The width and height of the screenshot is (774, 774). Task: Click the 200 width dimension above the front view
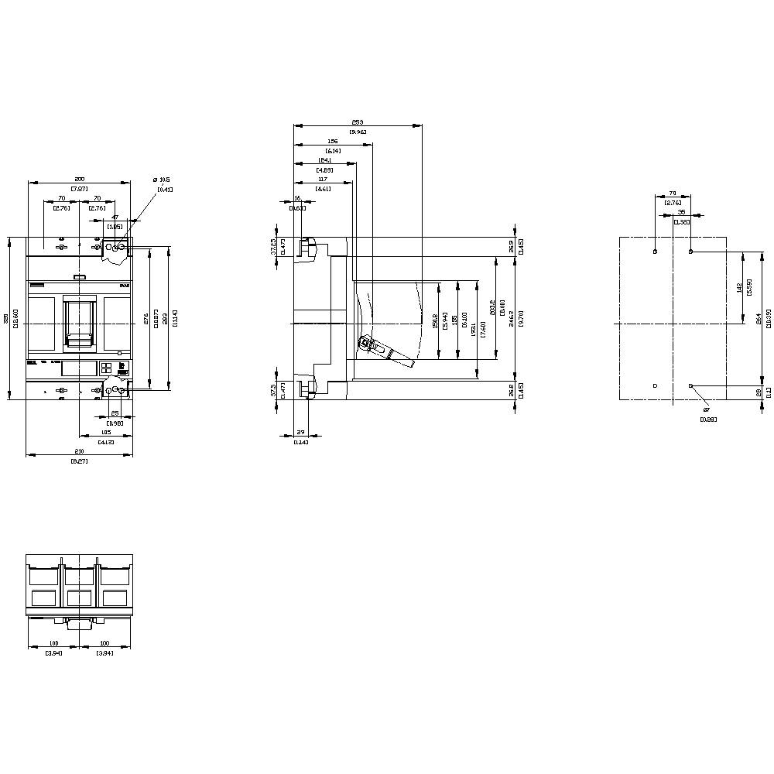pos(79,179)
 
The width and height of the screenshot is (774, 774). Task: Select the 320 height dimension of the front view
pos(6,318)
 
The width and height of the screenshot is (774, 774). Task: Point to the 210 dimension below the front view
pos(79,451)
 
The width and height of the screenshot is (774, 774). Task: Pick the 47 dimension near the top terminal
pos(115,217)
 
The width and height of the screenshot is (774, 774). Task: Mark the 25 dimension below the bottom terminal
pos(115,413)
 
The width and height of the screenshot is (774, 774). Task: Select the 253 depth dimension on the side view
pos(357,122)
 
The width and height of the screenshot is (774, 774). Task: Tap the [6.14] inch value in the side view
pos(333,150)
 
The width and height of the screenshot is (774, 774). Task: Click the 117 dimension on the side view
pos(323,180)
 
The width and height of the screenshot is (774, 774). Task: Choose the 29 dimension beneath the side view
pos(300,433)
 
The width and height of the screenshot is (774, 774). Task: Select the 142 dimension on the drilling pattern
pos(739,288)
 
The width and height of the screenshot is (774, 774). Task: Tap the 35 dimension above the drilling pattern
pos(681,211)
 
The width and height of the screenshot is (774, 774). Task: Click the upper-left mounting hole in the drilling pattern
pos(656,252)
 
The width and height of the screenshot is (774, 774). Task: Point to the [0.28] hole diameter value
pos(708,419)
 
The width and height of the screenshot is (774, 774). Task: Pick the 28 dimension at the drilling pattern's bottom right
pos(759,392)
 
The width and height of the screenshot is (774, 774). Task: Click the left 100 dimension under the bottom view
pos(53,644)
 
